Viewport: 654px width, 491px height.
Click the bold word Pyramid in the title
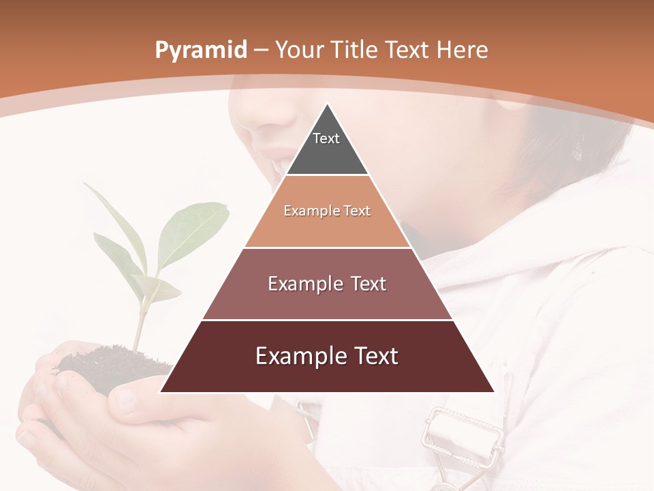point(201,50)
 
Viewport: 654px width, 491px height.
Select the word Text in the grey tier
point(326,138)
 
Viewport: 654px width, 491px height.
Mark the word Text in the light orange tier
point(356,211)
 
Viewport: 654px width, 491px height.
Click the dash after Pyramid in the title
point(261,50)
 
